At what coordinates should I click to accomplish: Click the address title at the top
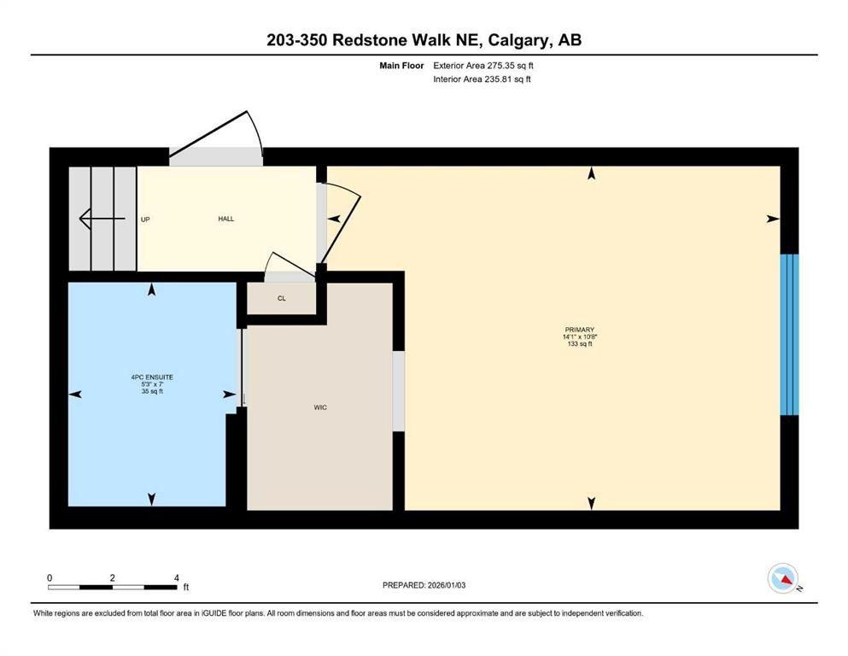[x=424, y=40]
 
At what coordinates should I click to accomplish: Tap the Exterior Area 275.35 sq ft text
[x=484, y=65]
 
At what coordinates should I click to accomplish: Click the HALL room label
[x=225, y=219]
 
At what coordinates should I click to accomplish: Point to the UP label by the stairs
[x=145, y=220]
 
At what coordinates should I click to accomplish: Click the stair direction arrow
[x=96, y=220]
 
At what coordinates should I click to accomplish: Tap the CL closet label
[x=281, y=299]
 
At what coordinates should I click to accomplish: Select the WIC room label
[x=320, y=407]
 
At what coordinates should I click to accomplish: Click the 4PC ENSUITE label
[x=152, y=377]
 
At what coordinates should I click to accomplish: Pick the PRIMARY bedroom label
[x=579, y=330]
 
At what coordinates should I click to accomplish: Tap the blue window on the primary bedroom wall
[x=790, y=334]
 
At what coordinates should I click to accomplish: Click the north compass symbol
[x=783, y=580]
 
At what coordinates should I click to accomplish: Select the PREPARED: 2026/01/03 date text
[x=424, y=585]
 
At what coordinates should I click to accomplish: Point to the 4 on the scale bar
[x=176, y=577]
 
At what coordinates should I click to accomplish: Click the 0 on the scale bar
[x=50, y=577]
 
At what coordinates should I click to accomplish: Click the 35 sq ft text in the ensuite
[x=152, y=392]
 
